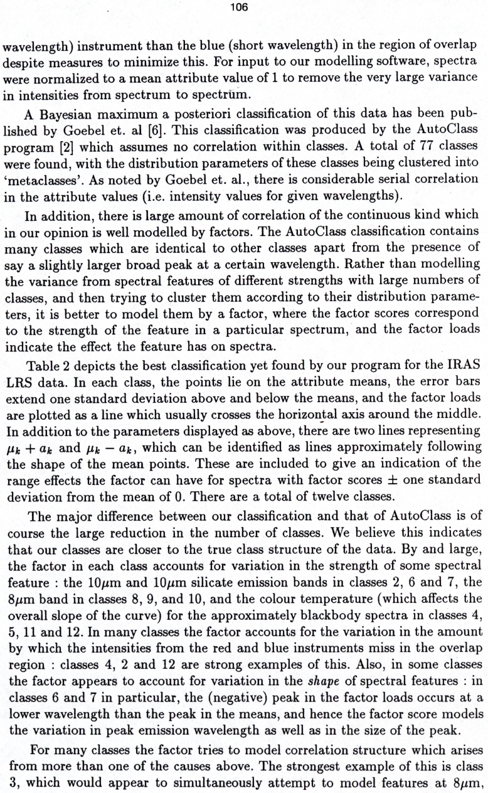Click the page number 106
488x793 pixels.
243,8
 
